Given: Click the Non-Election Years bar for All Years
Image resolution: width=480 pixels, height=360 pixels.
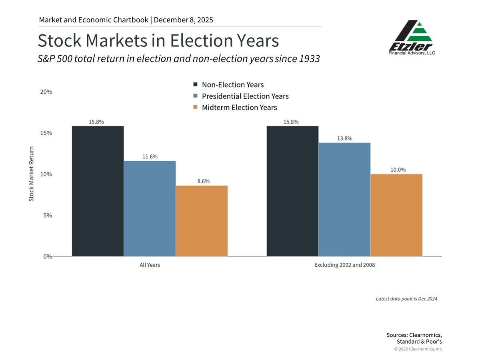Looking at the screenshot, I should pos(98,191).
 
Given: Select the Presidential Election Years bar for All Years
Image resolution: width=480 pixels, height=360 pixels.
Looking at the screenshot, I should pos(150,208).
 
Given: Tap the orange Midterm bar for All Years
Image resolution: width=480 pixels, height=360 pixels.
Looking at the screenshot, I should pos(202,221).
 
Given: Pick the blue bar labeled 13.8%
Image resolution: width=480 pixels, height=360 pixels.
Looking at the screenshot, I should pos(344,199).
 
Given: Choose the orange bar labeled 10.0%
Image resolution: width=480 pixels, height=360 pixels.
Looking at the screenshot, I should pos(396,215).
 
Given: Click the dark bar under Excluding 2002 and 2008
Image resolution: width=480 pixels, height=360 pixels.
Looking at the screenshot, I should pos(292,191).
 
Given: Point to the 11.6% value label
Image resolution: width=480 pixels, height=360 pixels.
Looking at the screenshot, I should pos(150,156).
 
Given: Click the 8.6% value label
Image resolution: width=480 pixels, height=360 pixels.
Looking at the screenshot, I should pos(203,181).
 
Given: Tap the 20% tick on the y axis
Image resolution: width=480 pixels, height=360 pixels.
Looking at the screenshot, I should pos(46,92).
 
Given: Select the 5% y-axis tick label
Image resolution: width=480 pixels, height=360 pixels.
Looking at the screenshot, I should pos(48,215).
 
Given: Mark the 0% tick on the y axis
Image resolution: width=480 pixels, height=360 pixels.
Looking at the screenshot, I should pos(48,256).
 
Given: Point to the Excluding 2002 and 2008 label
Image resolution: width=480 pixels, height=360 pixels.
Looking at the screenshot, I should pos(344,265).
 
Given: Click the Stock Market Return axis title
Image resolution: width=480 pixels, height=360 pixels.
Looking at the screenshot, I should pos(32,174).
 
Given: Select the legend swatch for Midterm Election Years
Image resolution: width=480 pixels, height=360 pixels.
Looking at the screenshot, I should pos(195,108).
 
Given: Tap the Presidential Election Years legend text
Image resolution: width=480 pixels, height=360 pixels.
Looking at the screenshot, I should pos(245,96).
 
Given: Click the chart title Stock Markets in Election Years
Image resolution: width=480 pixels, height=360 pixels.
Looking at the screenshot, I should pos(158,41).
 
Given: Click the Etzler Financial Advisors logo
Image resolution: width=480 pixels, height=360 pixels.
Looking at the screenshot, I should pos(412,38).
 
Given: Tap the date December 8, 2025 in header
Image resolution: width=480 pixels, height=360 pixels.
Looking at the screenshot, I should pos(183,20).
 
